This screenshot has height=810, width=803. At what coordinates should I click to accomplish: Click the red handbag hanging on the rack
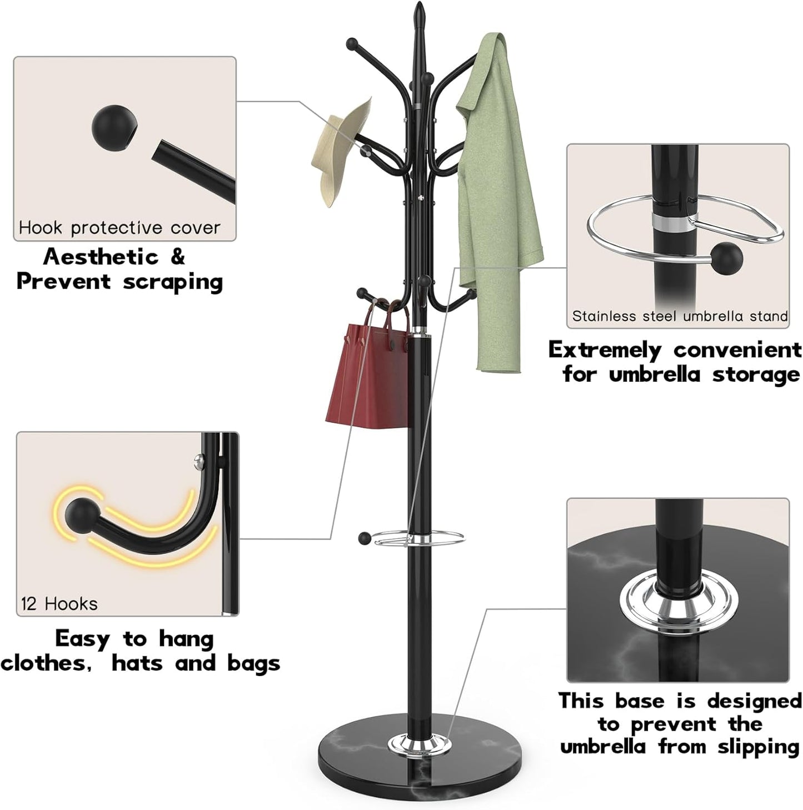click(369, 378)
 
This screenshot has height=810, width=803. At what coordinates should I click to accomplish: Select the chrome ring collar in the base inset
click(675, 603)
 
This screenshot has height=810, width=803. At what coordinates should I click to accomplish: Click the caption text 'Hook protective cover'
click(119, 228)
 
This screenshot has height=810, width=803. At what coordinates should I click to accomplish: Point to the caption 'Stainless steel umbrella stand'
click(680, 317)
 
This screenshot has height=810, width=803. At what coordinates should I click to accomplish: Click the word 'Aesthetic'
click(101, 257)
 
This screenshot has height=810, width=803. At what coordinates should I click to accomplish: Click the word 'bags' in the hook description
click(253, 663)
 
